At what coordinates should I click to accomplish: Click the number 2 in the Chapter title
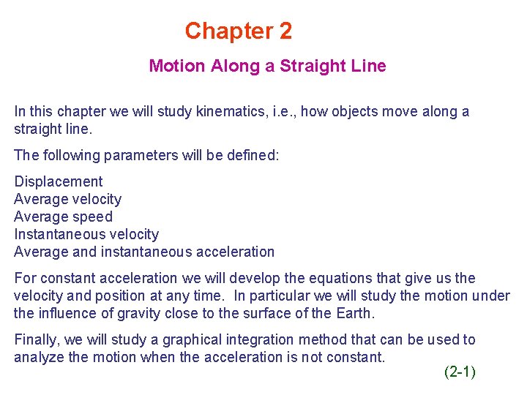[x=285, y=31]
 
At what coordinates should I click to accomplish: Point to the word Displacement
[x=59, y=181]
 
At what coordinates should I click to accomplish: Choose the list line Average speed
[x=64, y=217]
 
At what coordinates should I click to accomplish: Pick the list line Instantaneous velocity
[x=86, y=234]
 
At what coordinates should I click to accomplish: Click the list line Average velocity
[x=68, y=199]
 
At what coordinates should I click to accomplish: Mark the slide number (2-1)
[x=460, y=372]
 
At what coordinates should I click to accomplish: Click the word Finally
[x=37, y=339]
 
